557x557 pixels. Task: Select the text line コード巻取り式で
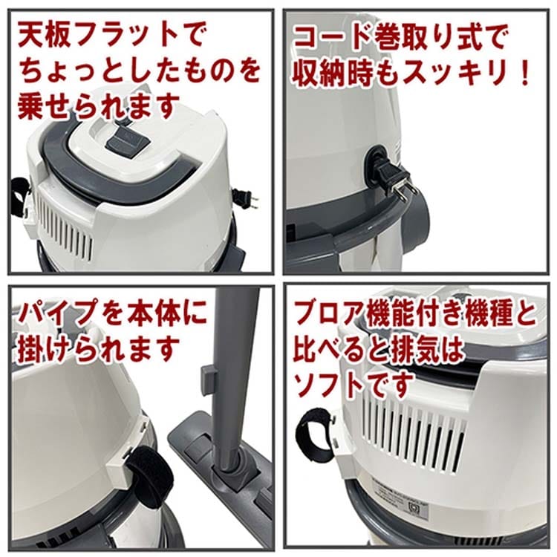[400, 39]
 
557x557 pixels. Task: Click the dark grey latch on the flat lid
[127, 143]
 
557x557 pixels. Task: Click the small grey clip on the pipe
[208, 379]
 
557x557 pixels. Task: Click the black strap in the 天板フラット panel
[20, 198]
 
